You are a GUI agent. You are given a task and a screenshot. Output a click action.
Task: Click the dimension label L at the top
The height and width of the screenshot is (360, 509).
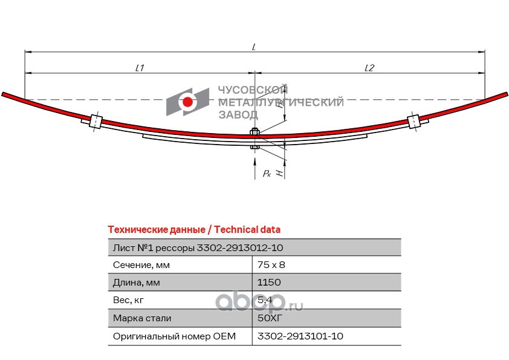[254, 47]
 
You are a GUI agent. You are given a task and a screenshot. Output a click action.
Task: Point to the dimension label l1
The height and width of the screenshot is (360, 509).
[140, 68]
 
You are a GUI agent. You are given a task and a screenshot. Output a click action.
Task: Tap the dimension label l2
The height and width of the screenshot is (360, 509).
[369, 68]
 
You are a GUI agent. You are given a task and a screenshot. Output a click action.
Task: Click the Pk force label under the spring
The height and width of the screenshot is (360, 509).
[267, 174]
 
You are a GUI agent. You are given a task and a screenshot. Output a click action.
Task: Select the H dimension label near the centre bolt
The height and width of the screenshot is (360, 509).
[279, 172]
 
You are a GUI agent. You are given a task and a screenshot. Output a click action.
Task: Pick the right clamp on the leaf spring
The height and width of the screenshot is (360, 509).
[415, 121]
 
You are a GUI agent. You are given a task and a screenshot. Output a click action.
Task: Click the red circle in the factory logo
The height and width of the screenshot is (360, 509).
[188, 102]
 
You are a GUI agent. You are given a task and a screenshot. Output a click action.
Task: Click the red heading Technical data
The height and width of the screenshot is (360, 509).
[194, 229]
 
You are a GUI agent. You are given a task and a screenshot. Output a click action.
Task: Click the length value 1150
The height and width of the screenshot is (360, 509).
[269, 282]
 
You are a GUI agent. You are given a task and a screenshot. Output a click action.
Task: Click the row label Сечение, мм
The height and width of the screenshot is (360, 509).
[141, 264]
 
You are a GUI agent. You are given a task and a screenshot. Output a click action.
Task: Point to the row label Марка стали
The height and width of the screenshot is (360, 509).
[142, 318]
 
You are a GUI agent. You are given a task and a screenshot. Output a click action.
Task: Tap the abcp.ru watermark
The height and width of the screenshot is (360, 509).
[260, 301]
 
